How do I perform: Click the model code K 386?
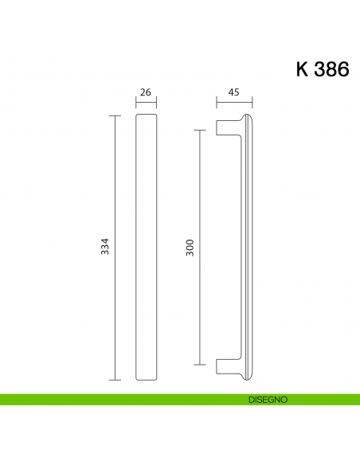click(x=322, y=69)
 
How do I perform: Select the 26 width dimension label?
click(x=146, y=92)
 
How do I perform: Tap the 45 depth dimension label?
click(x=234, y=92)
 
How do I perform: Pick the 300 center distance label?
click(x=190, y=247)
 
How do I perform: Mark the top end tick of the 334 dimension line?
click(x=115, y=115)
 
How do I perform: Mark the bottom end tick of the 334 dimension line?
click(x=115, y=379)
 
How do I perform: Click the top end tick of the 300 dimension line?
click(x=199, y=129)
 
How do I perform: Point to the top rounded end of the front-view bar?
click(x=146, y=117)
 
